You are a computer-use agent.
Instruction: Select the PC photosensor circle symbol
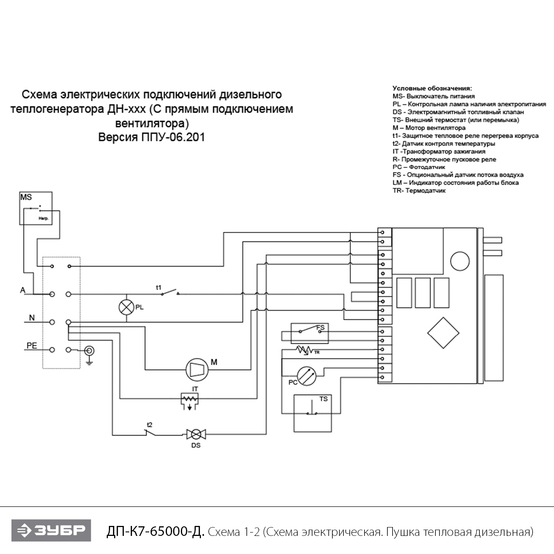307,376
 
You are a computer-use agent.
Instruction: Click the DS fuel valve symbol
196,434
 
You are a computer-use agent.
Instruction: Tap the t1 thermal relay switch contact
170,293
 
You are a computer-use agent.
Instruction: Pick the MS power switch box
36,208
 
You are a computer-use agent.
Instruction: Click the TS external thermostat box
312,413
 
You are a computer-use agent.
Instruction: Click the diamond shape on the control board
443,333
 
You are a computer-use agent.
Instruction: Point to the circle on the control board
460,261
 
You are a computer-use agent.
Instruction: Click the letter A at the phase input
23,290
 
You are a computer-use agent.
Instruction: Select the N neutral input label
32,318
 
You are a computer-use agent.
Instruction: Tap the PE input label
32,346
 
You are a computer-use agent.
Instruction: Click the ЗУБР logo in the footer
51,530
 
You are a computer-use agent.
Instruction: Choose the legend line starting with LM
455,183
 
